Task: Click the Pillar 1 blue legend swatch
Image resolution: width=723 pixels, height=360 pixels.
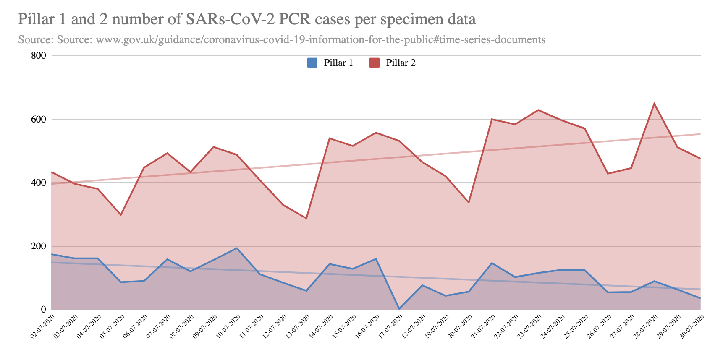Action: pos(312,63)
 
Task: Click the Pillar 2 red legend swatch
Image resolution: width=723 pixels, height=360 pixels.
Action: pos(374,63)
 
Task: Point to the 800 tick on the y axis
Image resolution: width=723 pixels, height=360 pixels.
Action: pos(39,56)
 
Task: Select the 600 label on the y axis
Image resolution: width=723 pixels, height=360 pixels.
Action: pos(39,120)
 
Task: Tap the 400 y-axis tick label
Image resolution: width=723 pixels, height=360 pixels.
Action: pos(39,183)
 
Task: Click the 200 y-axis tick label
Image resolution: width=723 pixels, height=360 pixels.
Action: pos(39,246)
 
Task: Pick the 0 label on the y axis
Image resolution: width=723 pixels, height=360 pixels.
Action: pos(43,310)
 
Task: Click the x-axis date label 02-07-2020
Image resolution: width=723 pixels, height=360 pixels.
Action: pos(42,326)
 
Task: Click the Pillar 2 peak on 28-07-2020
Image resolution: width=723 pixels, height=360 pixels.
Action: pos(654,104)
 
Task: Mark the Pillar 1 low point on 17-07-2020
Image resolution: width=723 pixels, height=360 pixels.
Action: pos(399,309)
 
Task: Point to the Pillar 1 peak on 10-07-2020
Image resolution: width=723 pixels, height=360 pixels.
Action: pos(237,248)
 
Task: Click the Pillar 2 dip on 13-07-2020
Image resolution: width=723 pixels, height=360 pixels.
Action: pos(306,218)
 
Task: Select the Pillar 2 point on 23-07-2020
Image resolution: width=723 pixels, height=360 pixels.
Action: pos(538,110)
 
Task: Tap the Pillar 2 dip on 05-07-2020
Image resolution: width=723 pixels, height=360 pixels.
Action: pos(121,215)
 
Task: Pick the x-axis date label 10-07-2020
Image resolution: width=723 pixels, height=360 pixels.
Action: pos(228,326)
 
